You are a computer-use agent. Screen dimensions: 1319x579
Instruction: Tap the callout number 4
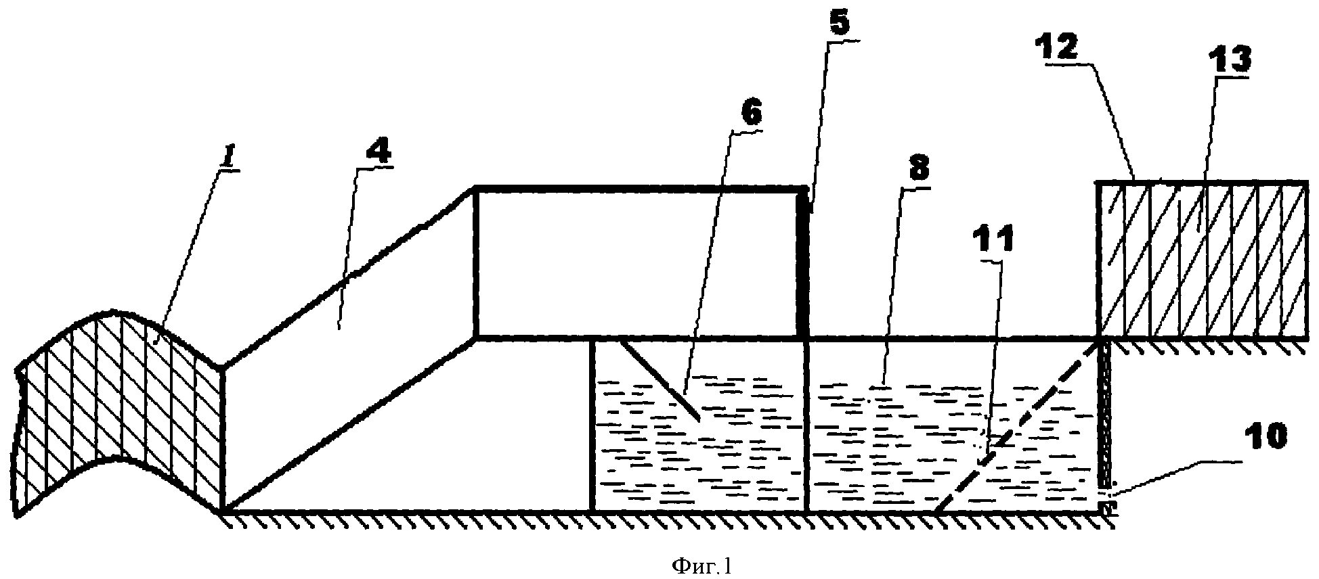[x=380, y=153]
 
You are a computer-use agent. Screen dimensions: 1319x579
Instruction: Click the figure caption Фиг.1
[x=701, y=565]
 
